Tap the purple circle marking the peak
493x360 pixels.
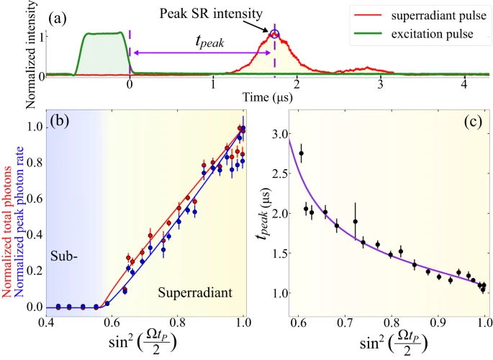[274, 33]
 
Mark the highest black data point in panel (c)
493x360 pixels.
[301, 153]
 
